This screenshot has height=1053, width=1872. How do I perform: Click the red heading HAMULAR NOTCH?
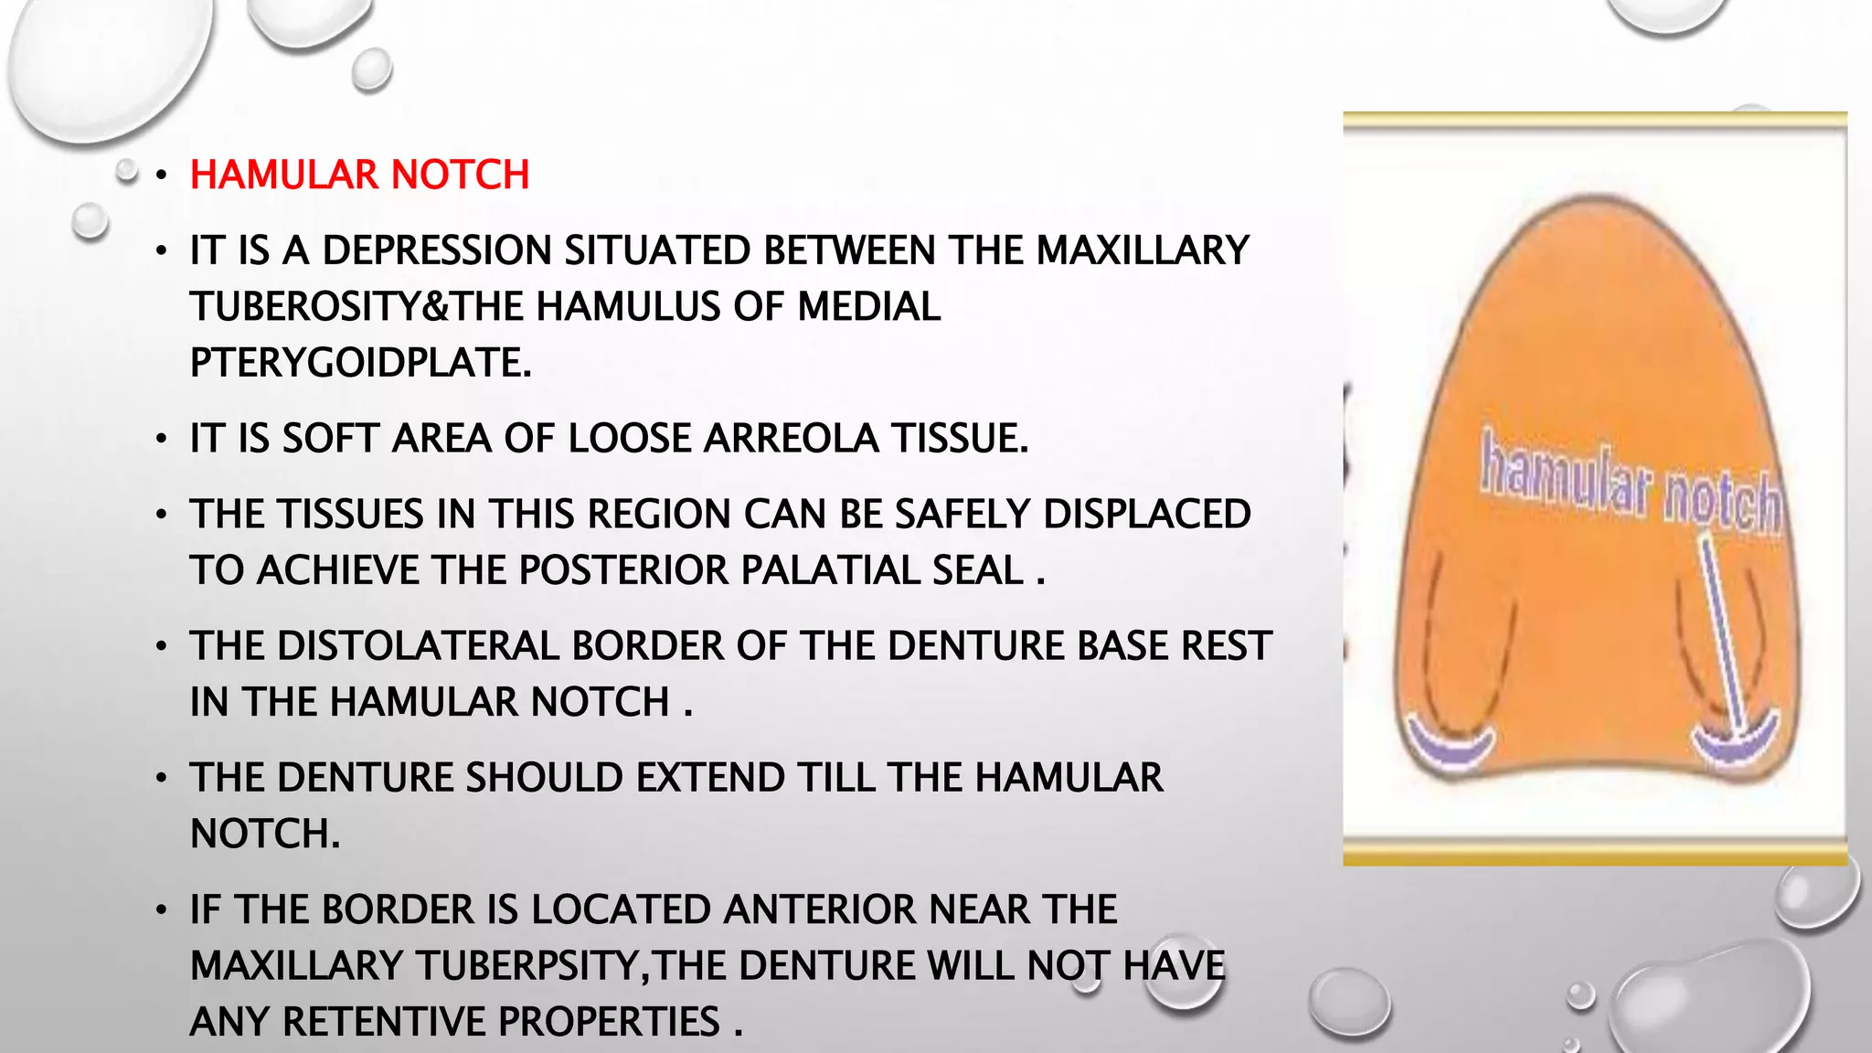point(359,175)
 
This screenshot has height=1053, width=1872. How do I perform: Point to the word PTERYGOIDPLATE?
point(360,363)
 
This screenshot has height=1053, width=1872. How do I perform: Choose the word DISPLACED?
point(1146,514)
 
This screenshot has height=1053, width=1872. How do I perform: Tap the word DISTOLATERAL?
point(374,646)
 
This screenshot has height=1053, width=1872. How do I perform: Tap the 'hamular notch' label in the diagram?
point(1631,485)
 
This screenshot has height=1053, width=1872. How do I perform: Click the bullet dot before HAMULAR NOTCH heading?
point(162,175)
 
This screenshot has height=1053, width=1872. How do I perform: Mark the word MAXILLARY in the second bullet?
point(1143,250)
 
